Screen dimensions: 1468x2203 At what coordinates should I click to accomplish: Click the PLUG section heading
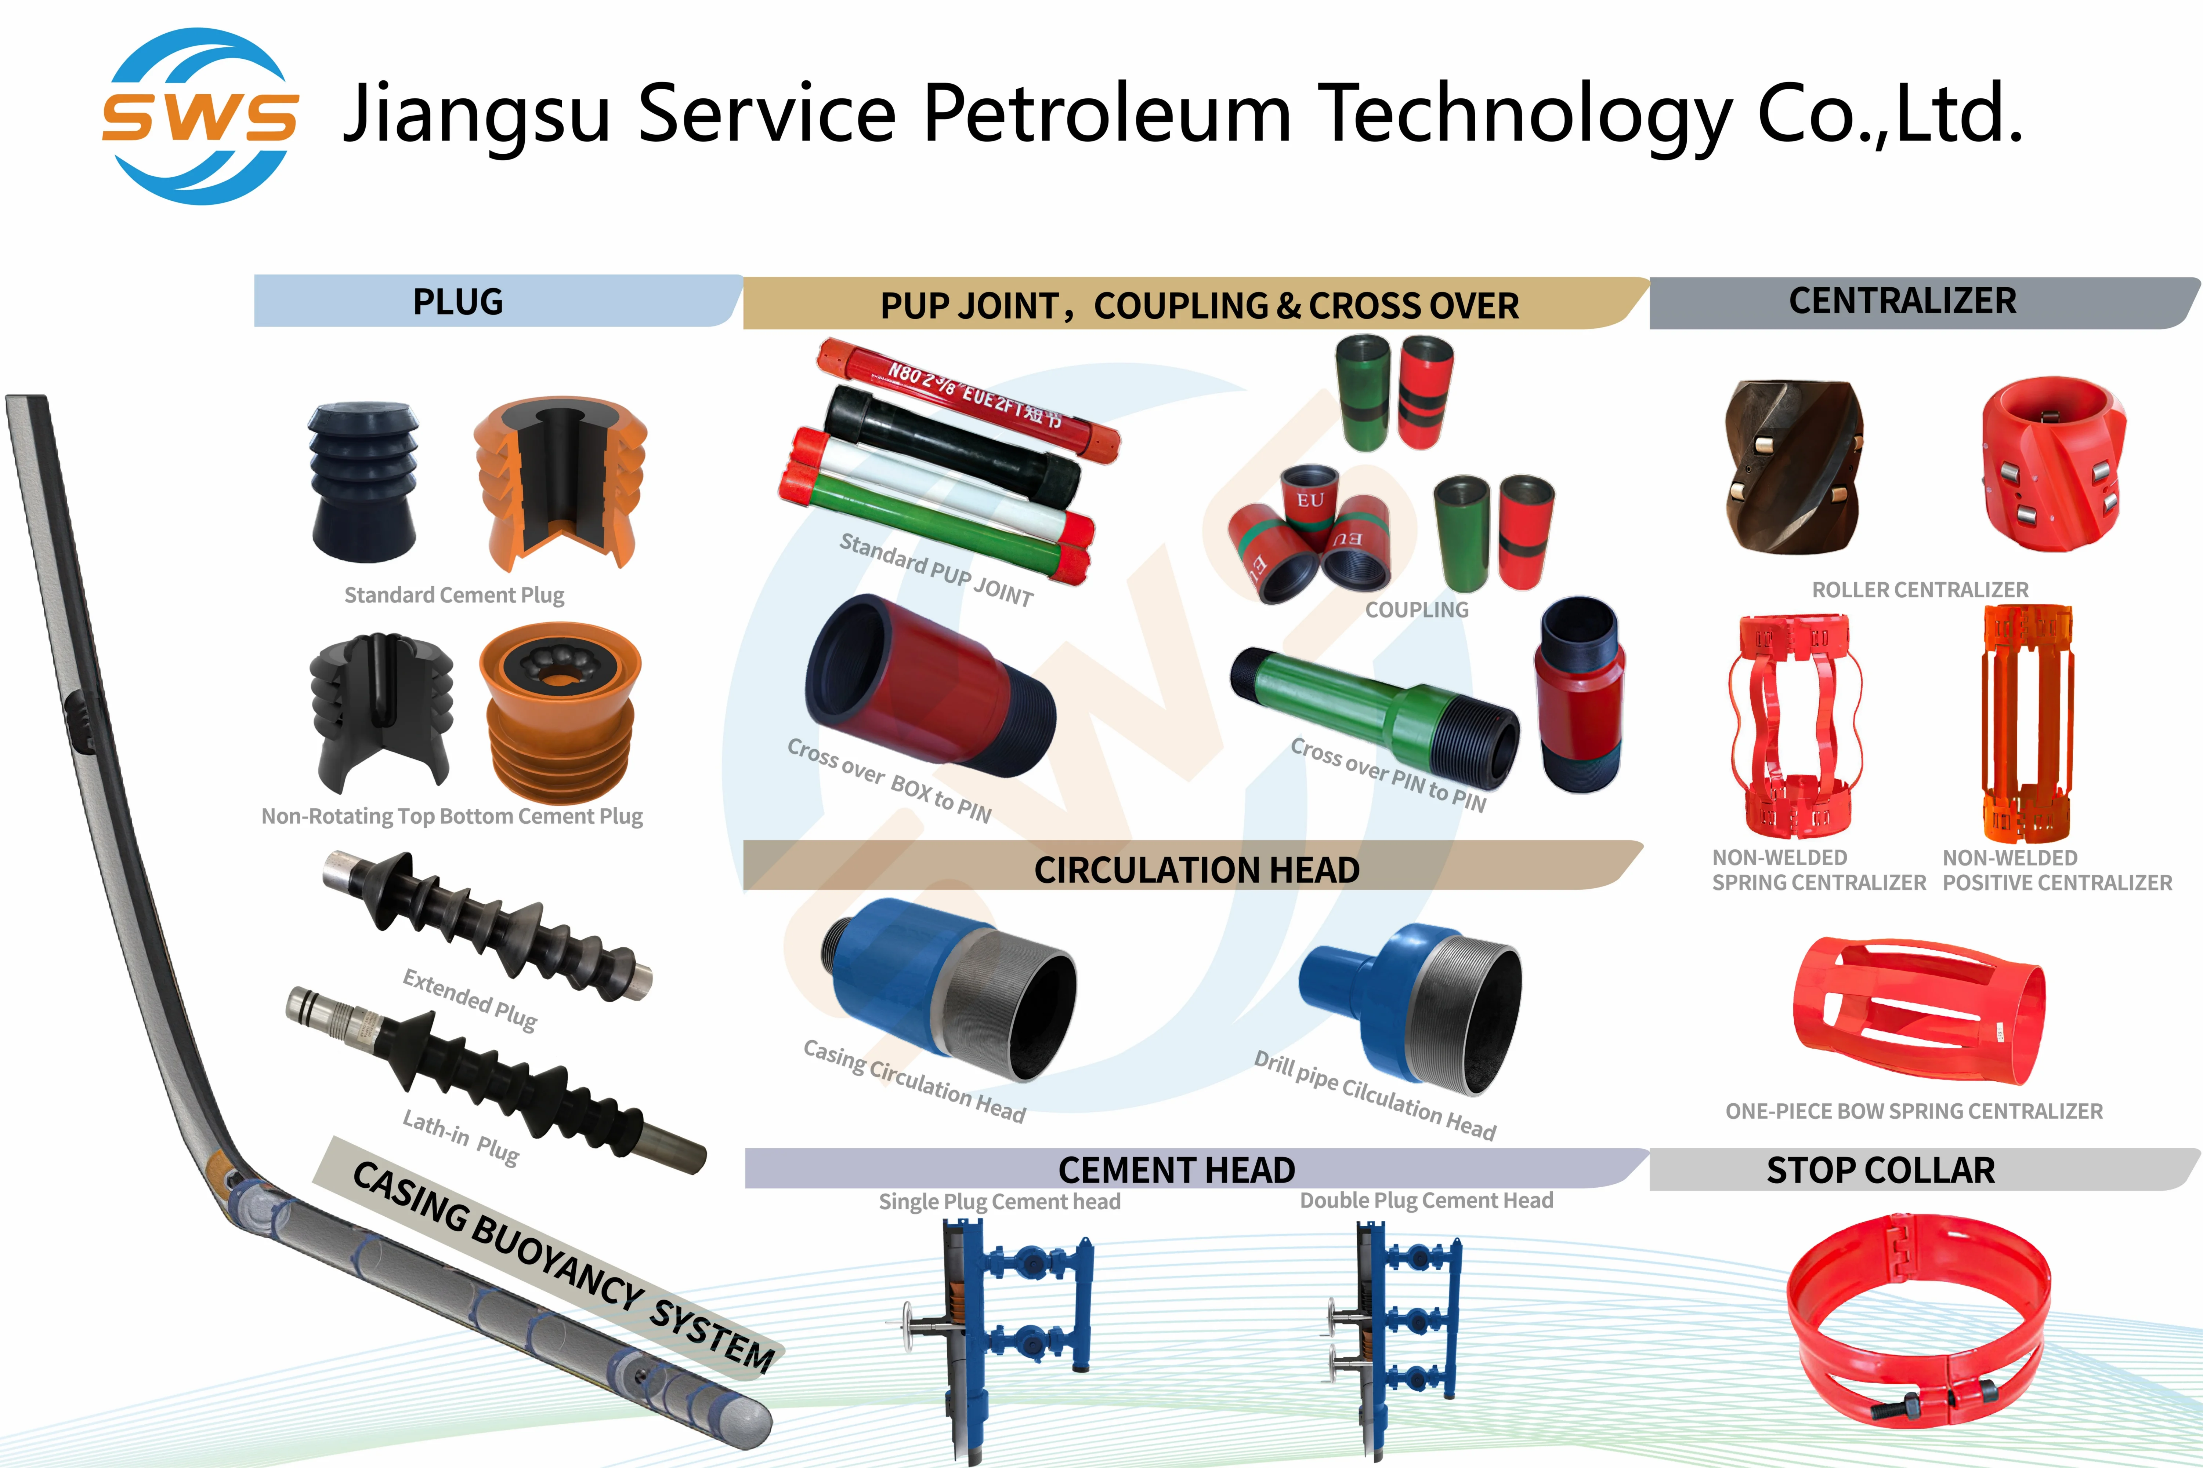pyautogui.click(x=458, y=302)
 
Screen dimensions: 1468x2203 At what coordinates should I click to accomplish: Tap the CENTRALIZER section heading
pyautogui.click(x=1902, y=300)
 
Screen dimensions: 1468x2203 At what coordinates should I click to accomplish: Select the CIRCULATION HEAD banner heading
pyautogui.click(x=1196, y=870)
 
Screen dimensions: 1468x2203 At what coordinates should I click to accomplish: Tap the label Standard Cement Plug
pyautogui.click(x=454, y=595)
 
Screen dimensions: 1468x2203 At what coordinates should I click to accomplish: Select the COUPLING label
pyautogui.click(x=1416, y=609)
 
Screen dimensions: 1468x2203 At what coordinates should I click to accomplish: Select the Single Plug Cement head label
pyautogui.click(x=999, y=1201)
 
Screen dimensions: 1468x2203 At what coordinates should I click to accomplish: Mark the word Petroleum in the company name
pyautogui.click(x=1107, y=114)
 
